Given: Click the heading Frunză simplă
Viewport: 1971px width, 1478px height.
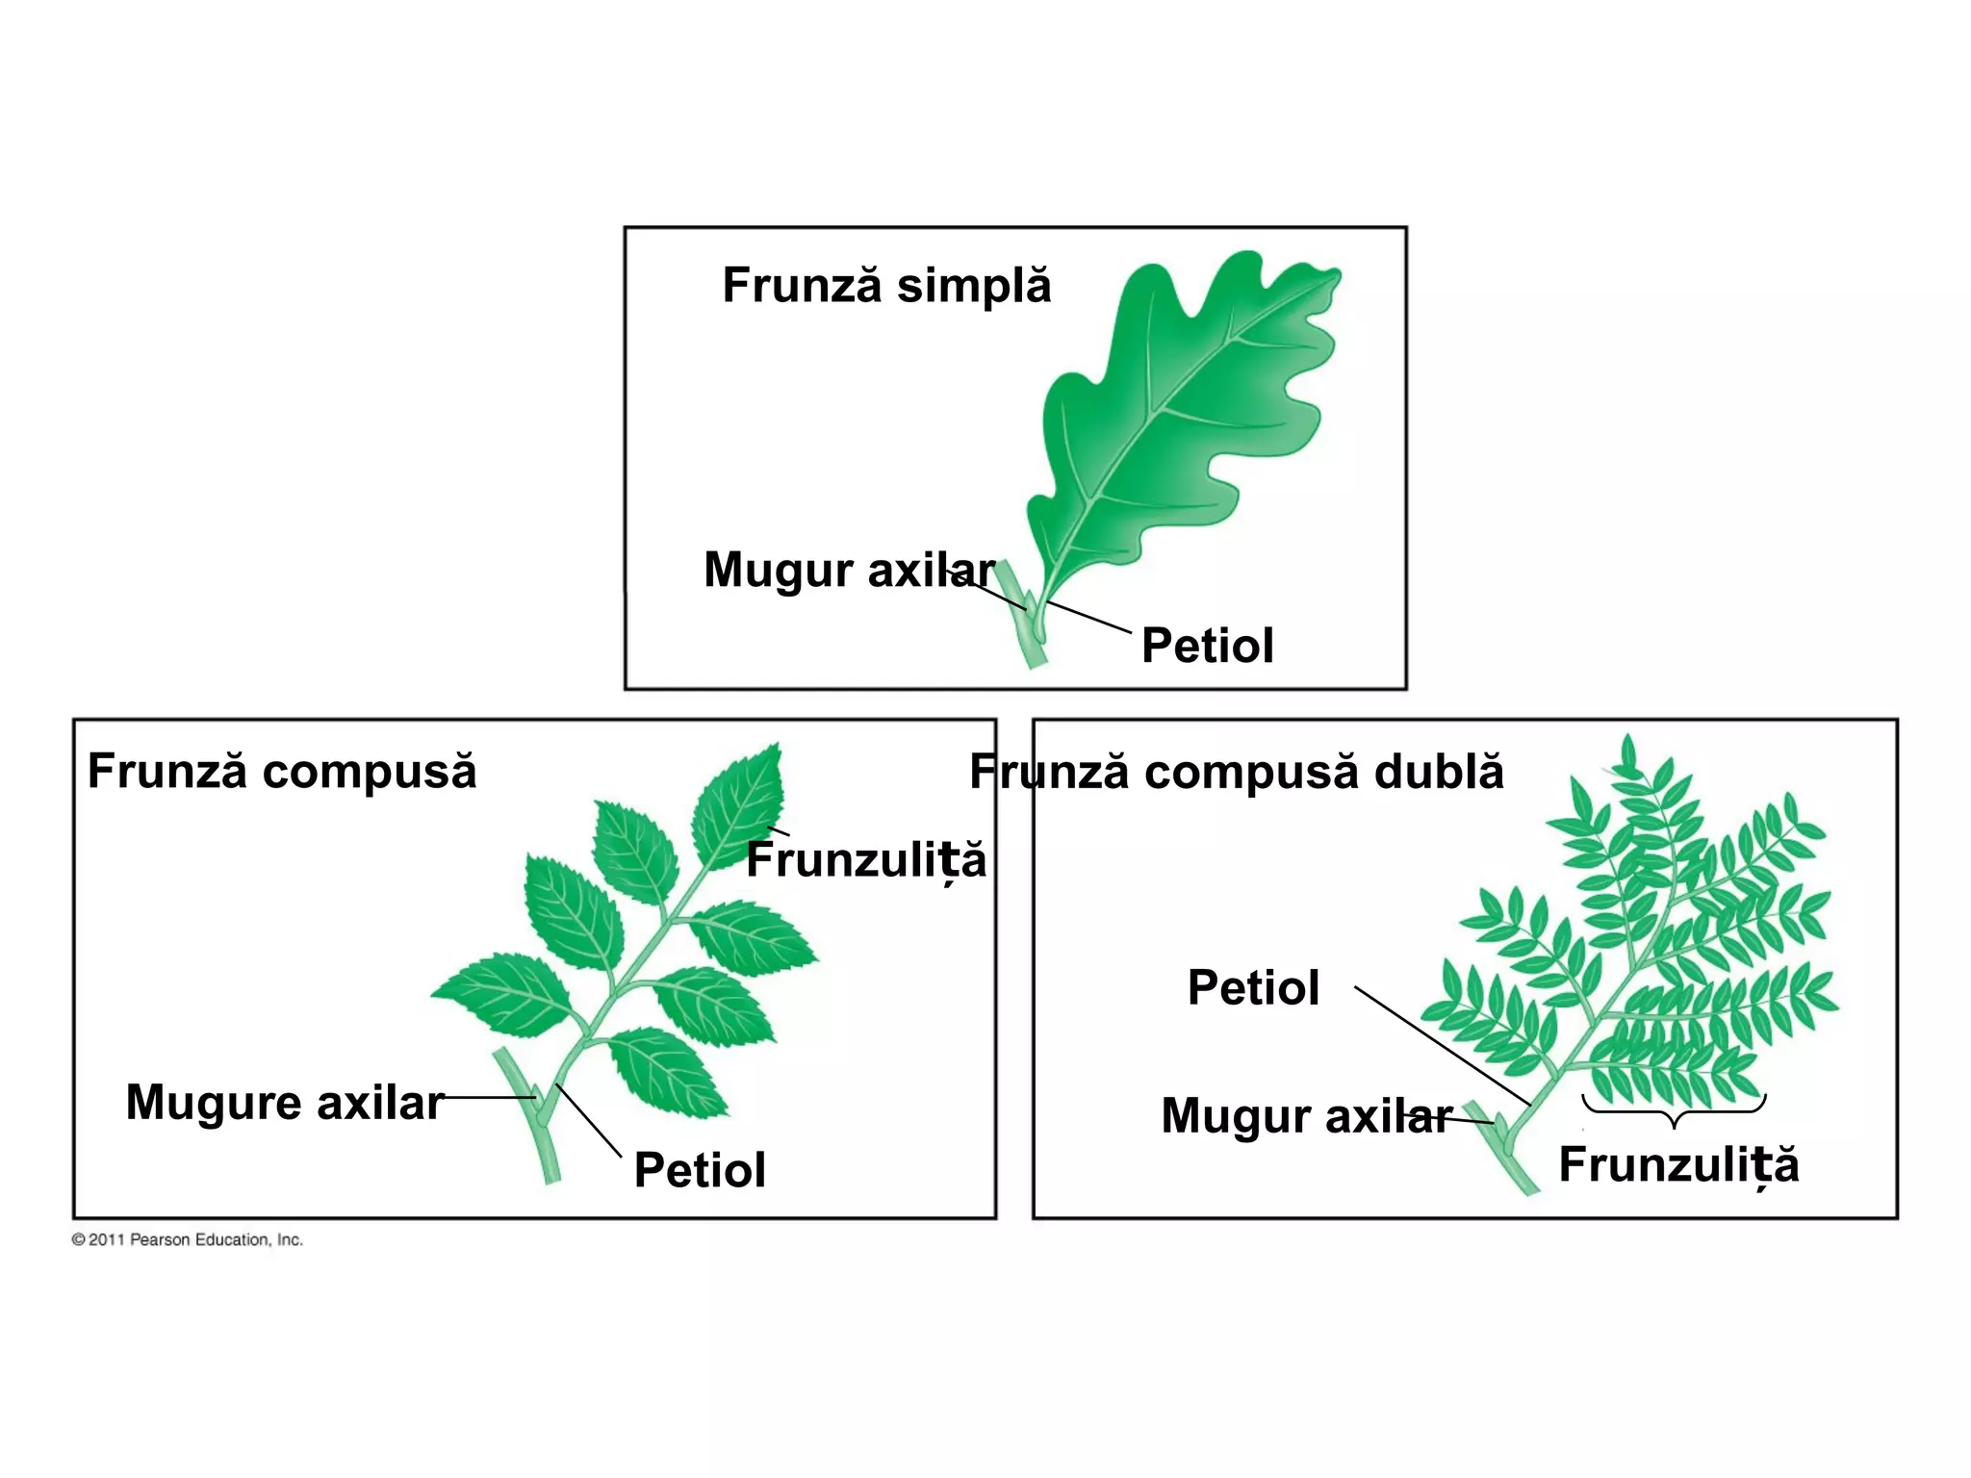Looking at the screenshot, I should point(886,286).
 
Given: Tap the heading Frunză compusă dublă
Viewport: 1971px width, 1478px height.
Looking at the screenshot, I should point(1236,772).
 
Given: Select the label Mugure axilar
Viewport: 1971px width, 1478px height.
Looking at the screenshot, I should point(285,1103).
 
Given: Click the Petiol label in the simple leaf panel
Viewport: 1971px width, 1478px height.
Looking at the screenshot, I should point(1207,646).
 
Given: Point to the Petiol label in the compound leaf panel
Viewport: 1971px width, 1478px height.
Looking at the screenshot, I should point(700,1170).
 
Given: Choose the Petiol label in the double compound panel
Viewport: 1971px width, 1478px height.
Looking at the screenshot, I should point(1253,988).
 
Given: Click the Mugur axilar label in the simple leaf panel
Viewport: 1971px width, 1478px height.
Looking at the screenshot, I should point(849,570).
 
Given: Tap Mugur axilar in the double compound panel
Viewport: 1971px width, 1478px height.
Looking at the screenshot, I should point(1306,1116).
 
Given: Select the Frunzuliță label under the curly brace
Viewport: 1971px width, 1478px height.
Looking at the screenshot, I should point(1678,1165).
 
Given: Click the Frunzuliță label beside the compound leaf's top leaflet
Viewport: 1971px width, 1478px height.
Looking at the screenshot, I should point(866,860).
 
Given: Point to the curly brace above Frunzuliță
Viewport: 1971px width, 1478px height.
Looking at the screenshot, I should point(1674,1110).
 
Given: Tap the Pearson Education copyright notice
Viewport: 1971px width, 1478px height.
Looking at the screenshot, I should point(188,1240).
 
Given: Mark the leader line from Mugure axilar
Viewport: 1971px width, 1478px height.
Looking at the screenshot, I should point(489,1097).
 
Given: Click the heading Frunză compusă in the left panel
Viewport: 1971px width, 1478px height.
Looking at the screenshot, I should point(282,772).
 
